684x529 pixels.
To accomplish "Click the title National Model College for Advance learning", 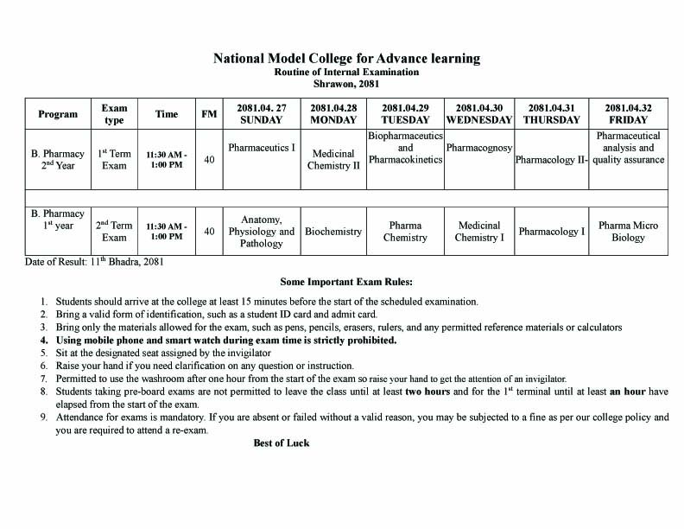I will (346, 59).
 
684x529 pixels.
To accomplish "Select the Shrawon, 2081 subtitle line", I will (346, 84).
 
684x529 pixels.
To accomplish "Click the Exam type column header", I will (114, 114).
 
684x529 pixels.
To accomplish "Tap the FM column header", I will (209, 114).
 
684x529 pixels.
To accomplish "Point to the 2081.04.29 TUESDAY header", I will (405, 114).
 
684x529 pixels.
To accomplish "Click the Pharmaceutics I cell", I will (262, 148).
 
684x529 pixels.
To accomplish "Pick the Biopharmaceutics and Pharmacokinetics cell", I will (405, 148).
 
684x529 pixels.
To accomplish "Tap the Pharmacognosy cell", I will (479, 148).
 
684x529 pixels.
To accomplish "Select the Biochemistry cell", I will (333, 232).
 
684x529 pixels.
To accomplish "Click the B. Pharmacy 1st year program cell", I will (57, 220).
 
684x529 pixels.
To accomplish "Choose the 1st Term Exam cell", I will (114, 159).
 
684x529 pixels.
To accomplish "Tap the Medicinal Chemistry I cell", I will (479, 232).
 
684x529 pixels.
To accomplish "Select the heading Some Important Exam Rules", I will (346, 282).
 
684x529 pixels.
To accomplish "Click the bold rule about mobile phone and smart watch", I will (226, 341).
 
